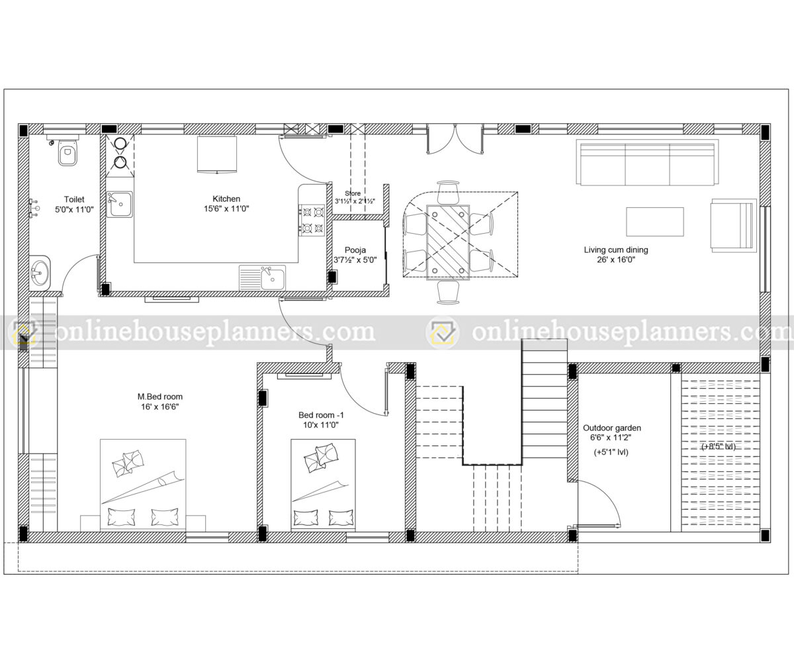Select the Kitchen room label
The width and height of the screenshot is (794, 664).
click(226, 199)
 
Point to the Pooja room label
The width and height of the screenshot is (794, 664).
click(355, 250)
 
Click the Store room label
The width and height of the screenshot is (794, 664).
click(353, 193)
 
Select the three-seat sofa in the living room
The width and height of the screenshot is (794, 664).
click(647, 163)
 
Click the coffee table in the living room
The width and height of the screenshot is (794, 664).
click(655, 222)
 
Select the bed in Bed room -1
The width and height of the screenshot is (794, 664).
click(323, 484)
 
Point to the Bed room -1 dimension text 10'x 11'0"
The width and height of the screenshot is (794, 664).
click(321, 425)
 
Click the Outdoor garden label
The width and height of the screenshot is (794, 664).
click(611, 428)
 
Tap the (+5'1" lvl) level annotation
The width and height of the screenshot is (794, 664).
click(611, 453)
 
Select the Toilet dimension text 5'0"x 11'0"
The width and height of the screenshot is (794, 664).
click(73, 209)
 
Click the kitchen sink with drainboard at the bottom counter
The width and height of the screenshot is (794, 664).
click(263, 278)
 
